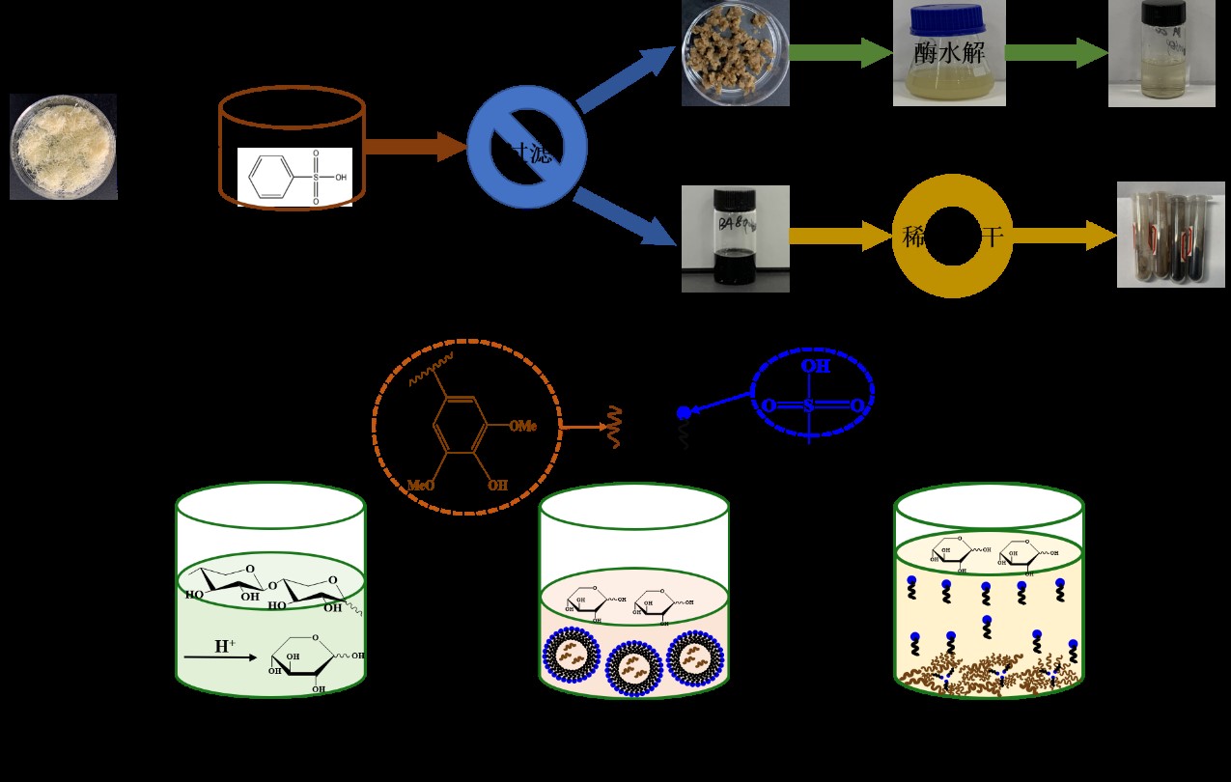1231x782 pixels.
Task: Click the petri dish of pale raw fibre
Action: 64,147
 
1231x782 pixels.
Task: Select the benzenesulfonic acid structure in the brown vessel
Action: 294,176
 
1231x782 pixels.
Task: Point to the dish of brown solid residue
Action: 736,53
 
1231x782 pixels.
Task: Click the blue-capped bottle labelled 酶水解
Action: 949,53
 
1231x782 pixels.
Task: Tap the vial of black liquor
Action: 736,238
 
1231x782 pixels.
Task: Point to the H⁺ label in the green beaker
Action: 224,646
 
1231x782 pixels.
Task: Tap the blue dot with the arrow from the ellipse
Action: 684,412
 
